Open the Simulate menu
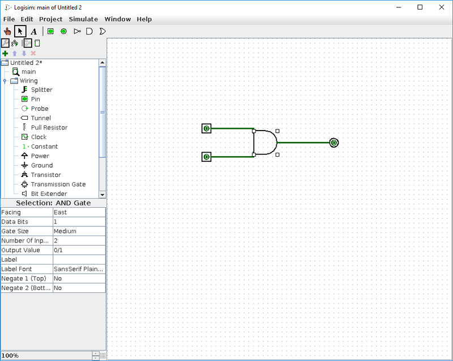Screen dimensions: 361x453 83,19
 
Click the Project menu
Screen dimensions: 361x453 50,19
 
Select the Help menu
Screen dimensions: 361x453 144,19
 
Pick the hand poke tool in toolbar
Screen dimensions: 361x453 7,31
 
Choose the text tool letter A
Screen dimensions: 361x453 33,31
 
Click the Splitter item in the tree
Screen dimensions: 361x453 41,90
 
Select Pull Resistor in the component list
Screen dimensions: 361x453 49,128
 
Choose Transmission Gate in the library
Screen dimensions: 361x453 58,184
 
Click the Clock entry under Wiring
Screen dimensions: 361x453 39,137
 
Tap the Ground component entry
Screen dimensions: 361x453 41,165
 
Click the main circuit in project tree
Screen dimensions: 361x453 28,72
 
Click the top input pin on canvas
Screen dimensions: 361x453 206,129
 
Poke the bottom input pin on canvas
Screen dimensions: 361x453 206,157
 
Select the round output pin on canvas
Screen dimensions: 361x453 334,142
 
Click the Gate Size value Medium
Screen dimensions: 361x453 79,232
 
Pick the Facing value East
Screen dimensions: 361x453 79,212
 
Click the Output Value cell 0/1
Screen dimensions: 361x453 79,250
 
